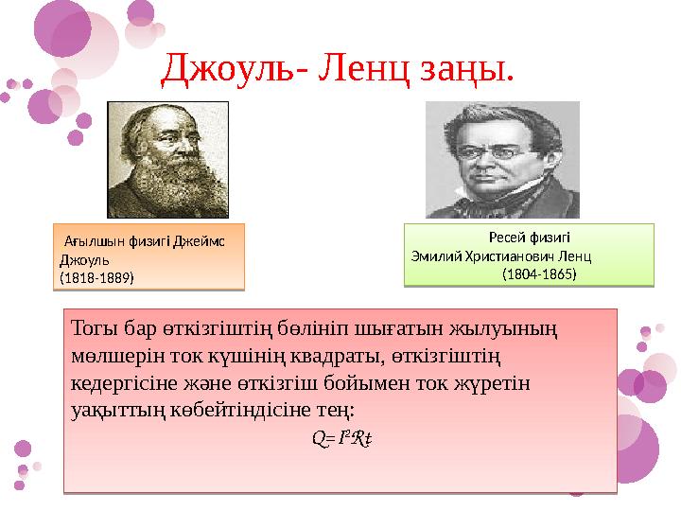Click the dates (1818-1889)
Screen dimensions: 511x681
point(96,278)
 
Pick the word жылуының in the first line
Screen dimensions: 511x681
point(509,330)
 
